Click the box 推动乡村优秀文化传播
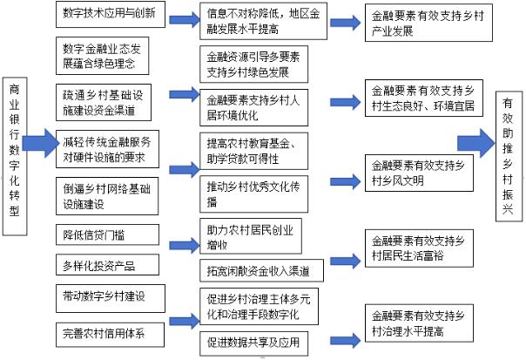253,193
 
